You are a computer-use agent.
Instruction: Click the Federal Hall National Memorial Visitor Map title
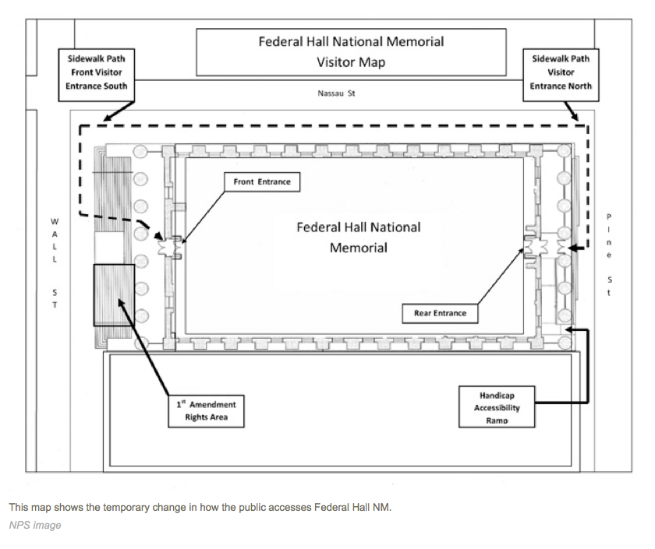pos(351,51)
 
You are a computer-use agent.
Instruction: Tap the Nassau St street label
pos(336,93)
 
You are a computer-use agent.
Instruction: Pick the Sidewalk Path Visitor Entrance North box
pos(561,72)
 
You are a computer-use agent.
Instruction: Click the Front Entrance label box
pos(262,182)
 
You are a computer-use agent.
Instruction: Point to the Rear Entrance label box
pos(441,313)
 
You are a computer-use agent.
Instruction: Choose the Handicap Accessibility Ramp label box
pos(497,406)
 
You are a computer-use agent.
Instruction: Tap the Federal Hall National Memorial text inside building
pos(358,238)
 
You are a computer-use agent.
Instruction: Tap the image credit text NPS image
pos(35,526)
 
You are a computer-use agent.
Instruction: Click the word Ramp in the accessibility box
pos(497,421)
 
